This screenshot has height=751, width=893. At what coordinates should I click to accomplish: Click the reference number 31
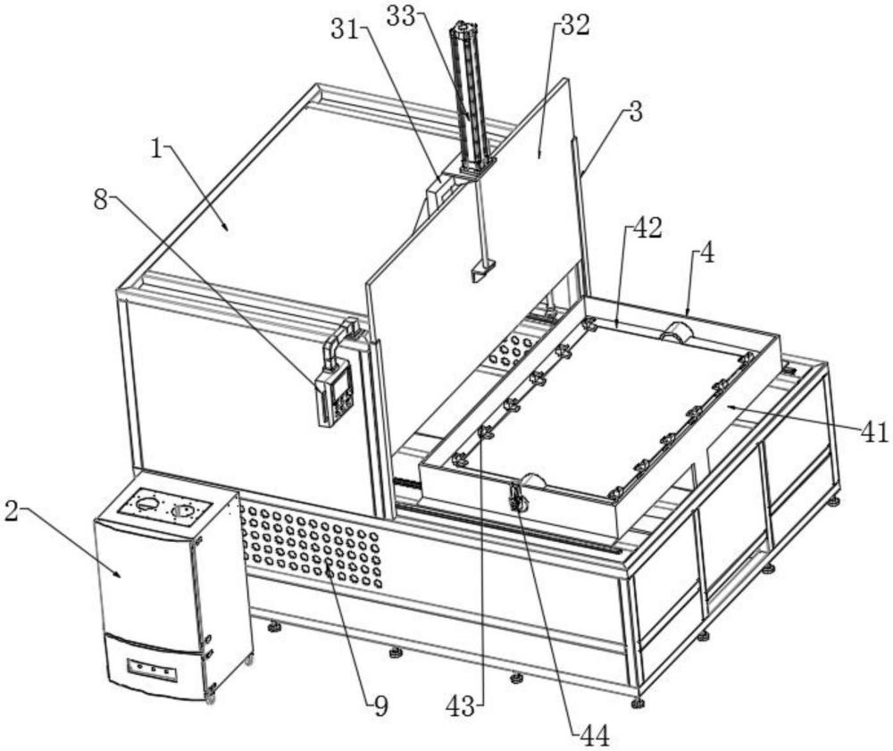(x=345, y=29)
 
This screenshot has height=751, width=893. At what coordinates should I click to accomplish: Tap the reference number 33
(x=400, y=16)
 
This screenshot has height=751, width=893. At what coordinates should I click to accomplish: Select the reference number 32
(x=575, y=26)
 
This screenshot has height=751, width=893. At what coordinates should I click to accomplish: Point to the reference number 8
(x=101, y=200)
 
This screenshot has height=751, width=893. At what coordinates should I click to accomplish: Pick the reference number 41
(x=874, y=433)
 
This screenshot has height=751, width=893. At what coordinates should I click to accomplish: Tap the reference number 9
(x=381, y=706)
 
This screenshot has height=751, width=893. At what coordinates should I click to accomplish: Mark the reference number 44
(x=595, y=737)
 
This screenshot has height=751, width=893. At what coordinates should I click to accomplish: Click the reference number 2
(x=11, y=511)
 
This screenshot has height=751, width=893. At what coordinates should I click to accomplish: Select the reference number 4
(x=706, y=254)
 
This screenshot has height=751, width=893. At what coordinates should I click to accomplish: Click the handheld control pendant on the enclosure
(x=336, y=395)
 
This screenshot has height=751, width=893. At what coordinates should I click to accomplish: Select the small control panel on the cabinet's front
(x=152, y=671)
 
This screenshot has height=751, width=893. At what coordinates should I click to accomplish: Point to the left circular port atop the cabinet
(x=147, y=504)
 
